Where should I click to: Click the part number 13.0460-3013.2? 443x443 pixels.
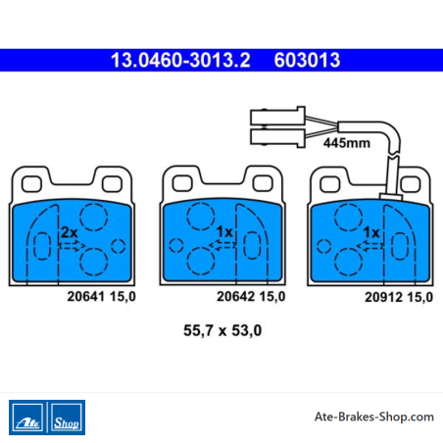(x=180, y=60)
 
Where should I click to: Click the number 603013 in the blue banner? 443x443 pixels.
(x=307, y=60)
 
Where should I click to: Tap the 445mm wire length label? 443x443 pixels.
(x=347, y=143)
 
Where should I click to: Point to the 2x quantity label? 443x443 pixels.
(x=70, y=232)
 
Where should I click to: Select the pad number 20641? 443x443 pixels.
(x=86, y=296)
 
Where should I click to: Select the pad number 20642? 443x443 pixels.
(x=235, y=296)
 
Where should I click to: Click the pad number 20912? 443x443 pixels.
(x=383, y=297)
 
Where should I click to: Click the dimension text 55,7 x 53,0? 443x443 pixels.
(x=222, y=330)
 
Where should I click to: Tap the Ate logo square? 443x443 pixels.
(x=27, y=418)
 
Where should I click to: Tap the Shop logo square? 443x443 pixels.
(x=67, y=418)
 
